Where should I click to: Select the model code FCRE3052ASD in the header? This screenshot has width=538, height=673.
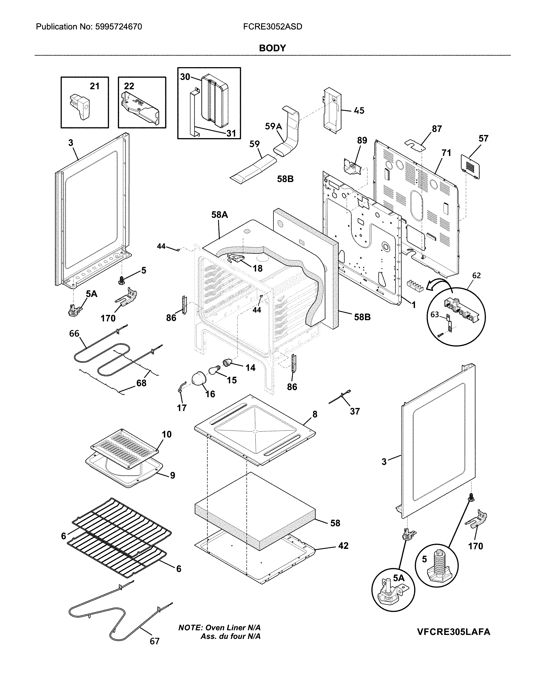pyautogui.click(x=272, y=27)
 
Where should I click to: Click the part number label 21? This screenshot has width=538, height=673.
pyautogui.click(x=95, y=86)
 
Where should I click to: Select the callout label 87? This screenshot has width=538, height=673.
pyautogui.click(x=437, y=129)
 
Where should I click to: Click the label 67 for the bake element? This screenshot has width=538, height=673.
pyautogui.click(x=155, y=641)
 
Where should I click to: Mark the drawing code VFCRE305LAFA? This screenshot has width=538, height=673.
pyautogui.click(x=453, y=632)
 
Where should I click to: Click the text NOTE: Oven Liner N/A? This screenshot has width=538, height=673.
pyautogui.click(x=219, y=627)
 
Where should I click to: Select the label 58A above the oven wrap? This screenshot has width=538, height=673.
pyautogui.click(x=220, y=215)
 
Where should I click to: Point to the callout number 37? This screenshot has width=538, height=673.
pyautogui.click(x=355, y=411)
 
